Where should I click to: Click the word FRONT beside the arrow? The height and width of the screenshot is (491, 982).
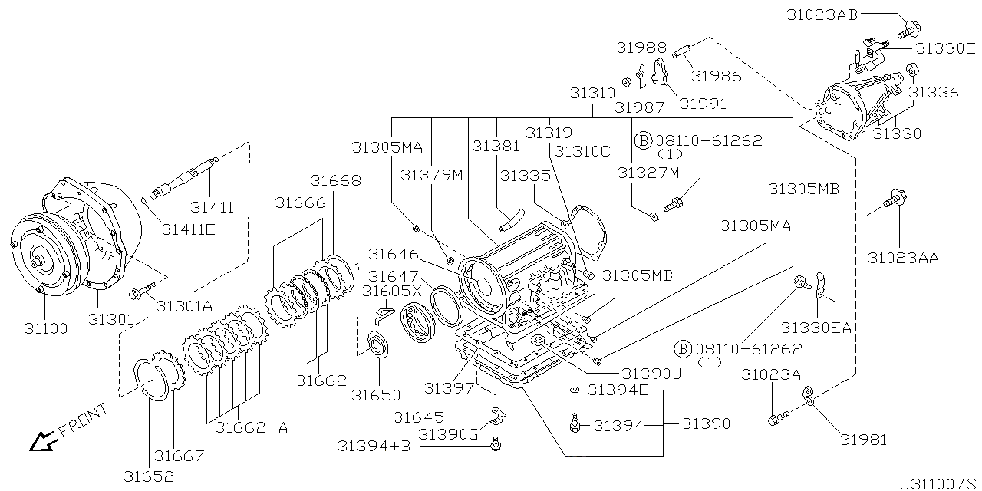coord(83,421)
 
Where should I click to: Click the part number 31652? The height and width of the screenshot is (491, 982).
coord(149,476)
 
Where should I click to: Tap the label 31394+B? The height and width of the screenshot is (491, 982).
coord(374,446)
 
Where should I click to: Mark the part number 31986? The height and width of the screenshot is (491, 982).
coord(716,75)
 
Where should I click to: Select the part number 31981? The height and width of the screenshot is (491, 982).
coord(863,440)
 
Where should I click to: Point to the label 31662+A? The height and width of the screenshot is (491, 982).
coord(251,428)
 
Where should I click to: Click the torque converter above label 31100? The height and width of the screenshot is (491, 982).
coord(42,249)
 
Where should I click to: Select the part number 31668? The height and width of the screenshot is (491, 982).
coord(335,181)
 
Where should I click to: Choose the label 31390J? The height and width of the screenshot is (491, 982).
coord(651,373)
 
